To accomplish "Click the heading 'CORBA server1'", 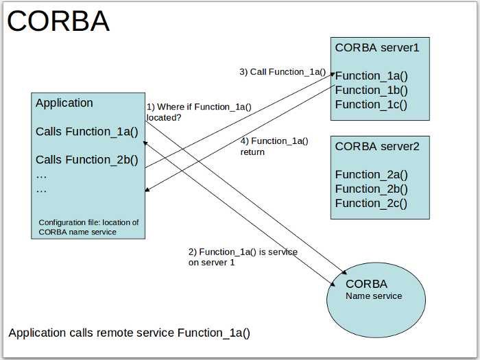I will pos(376,47).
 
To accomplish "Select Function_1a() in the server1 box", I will pos(371,75).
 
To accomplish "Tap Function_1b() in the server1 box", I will pos(371,90).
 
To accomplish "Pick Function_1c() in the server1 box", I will pos(371,104).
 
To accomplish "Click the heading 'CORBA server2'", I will pos(376,145).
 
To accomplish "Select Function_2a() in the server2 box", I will pos(371,174).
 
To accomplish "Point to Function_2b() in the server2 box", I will pos(371,189).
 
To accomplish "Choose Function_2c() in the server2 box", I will pos(371,203).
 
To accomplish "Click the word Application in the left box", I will pos(64,103).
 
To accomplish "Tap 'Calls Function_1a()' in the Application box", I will pos(87,131).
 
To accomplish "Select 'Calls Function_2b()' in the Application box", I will pos(87,160).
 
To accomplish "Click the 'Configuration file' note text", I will pos(88,227).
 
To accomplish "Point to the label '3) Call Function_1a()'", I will pos(282,71).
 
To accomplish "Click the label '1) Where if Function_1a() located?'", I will pos(199,112).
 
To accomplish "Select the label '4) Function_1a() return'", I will pos(274,146).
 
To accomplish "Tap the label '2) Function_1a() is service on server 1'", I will pos(243,257).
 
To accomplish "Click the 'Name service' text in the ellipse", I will pos(374,296).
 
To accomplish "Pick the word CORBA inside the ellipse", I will pos(366,284).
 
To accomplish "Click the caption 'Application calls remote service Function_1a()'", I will pos(129,333).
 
